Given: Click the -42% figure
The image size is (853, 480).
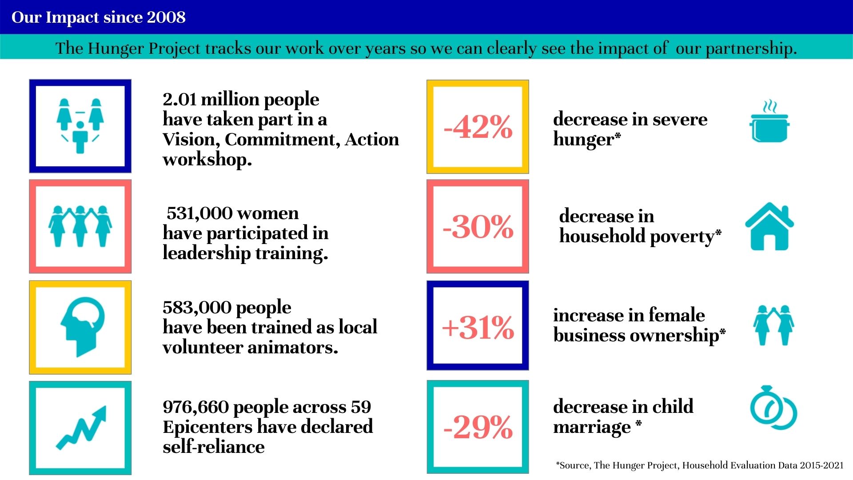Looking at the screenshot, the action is pyautogui.click(x=478, y=127).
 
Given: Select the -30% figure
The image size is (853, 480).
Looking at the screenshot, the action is pyautogui.click(x=478, y=227).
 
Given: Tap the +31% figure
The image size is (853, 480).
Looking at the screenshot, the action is pyautogui.click(x=478, y=328).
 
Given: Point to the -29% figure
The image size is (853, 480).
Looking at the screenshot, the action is pyautogui.click(x=478, y=427).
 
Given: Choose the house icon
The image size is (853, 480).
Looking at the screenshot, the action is pyautogui.click(x=769, y=226).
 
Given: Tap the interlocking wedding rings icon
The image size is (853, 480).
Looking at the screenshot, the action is pyautogui.click(x=773, y=408).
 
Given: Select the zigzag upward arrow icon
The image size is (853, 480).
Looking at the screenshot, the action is pyautogui.click(x=81, y=427).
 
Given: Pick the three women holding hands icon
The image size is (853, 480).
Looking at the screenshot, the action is pyautogui.click(x=80, y=226).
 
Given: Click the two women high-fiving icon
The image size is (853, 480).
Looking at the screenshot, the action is pyautogui.click(x=773, y=325).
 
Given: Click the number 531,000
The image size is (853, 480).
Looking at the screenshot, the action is pyautogui.click(x=199, y=213).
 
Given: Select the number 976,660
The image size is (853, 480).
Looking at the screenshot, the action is pyautogui.click(x=196, y=407).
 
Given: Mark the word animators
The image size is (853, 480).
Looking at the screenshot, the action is pyautogui.click(x=293, y=347).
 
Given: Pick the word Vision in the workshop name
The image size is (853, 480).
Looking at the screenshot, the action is pyautogui.click(x=191, y=140).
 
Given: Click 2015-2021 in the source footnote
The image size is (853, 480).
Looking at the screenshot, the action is pyautogui.click(x=821, y=465).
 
